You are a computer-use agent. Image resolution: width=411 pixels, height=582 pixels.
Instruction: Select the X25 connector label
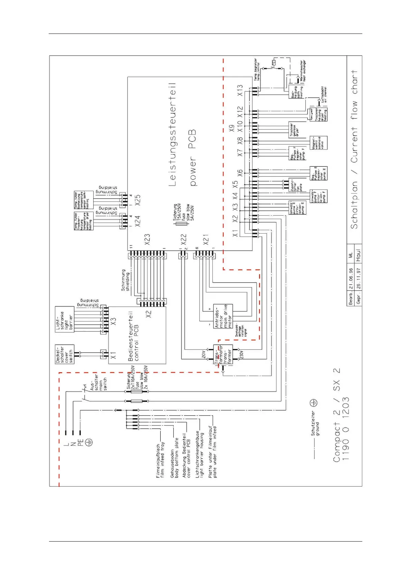pos(138,200)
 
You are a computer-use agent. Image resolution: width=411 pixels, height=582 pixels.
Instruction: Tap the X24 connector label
pos(138,221)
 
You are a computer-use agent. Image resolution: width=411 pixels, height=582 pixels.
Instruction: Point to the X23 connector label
pos(147,239)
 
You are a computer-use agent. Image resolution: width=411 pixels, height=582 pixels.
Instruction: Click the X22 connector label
pos(183,239)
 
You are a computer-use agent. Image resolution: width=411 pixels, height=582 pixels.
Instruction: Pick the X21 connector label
pos(206,239)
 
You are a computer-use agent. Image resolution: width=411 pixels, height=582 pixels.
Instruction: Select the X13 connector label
pos(240,90)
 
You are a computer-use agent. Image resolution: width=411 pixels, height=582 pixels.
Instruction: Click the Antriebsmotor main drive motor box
pos(223,316)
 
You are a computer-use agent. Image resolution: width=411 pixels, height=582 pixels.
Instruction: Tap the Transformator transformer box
pos(223,355)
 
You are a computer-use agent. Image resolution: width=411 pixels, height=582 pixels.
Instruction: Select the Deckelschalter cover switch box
pos(65,354)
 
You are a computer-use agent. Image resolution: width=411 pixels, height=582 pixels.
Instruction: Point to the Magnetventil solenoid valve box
pos(318,143)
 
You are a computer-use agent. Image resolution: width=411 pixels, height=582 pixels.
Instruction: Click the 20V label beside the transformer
pos(204,355)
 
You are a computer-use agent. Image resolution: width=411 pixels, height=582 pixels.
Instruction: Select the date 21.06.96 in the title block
pos(351,279)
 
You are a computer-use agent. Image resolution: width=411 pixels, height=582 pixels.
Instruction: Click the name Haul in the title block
pos(358,255)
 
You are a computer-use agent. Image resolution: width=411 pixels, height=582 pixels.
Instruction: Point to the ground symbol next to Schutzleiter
pos(314,403)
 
